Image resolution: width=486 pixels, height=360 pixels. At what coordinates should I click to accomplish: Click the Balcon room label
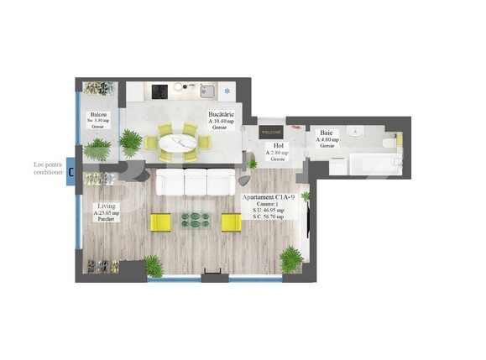pyautogui.click(x=98, y=114)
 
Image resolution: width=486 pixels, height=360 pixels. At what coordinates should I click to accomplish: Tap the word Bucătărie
pyautogui.click(x=222, y=115)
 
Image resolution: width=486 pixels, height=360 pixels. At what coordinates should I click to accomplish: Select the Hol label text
pyautogui.click(x=278, y=145)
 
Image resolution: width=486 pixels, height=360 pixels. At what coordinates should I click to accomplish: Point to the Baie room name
pyautogui.click(x=324, y=132)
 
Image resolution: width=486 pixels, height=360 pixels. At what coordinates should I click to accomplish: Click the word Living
pyautogui.click(x=107, y=206)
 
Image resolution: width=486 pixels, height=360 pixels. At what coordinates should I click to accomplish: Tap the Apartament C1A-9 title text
pyautogui.click(x=266, y=197)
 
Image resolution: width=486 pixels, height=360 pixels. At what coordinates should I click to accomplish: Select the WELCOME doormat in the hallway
pyautogui.click(x=271, y=131)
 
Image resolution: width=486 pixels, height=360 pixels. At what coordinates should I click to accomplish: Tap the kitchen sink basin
pyautogui.click(x=206, y=91)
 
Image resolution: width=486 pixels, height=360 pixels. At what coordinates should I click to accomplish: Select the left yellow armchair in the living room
pyautogui.click(x=159, y=222)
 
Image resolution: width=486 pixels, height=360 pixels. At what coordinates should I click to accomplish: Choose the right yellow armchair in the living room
pyautogui.click(x=231, y=222)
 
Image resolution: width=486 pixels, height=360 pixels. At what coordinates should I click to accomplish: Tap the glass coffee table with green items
pyautogui.click(x=196, y=222)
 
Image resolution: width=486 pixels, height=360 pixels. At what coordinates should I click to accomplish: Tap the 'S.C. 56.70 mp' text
pyautogui.click(x=267, y=217)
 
